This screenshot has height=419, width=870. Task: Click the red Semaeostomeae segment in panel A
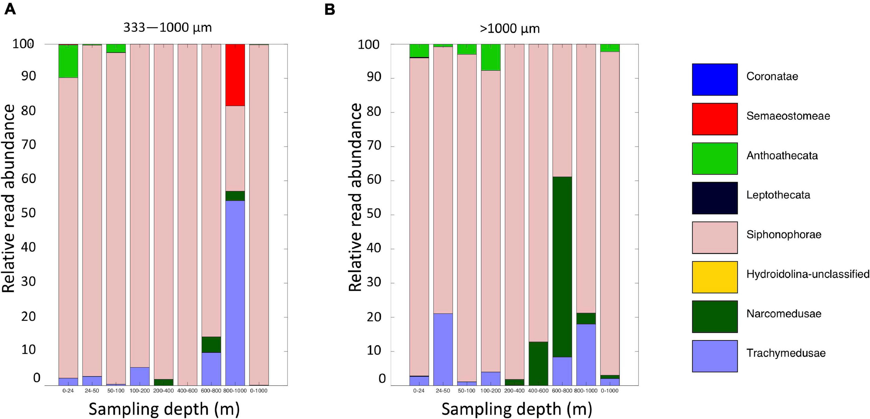[x=235, y=75]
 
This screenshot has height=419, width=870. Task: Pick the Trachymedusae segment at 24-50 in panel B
[x=443, y=349]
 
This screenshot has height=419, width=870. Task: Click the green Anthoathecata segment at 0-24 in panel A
[x=68, y=61]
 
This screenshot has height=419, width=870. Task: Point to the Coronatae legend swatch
[x=714, y=79]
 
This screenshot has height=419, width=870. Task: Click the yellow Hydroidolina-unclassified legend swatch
[x=714, y=277]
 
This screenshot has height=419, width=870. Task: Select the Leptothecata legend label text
[x=778, y=195]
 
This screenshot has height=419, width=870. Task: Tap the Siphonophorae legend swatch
[x=714, y=237]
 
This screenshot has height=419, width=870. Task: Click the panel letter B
[x=329, y=9]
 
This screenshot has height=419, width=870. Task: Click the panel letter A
[x=10, y=9]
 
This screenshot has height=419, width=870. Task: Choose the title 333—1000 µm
[x=167, y=27]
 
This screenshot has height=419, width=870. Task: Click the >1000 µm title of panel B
[x=509, y=29]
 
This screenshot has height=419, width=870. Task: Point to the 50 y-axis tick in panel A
[x=29, y=213]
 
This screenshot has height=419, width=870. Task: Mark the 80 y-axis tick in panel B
[x=374, y=112]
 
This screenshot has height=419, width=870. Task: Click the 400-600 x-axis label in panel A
[x=187, y=391]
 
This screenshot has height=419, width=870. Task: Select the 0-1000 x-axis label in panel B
[x=610, y=391]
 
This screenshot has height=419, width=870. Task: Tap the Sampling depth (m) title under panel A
[x=164, y=409]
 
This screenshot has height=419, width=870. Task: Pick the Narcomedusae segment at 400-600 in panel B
[x=538, y=363]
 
